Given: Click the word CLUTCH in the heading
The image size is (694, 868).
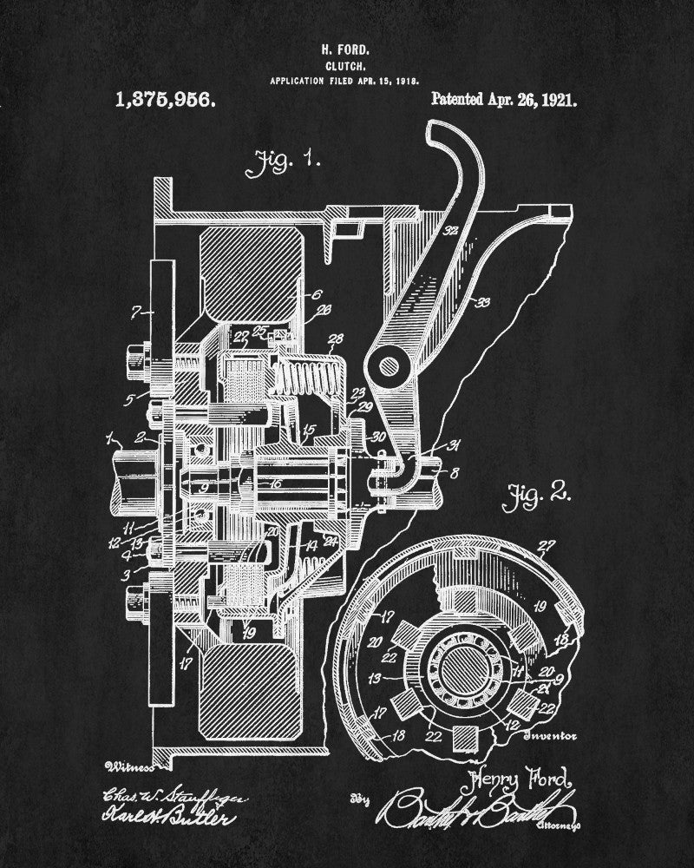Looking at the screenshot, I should (x=345, y=64).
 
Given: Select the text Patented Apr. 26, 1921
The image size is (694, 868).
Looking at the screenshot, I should (x=504, y=100).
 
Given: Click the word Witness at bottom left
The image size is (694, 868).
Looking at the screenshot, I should (x=128, y=766).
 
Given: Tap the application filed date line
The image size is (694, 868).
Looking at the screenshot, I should (x=345, y=79).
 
